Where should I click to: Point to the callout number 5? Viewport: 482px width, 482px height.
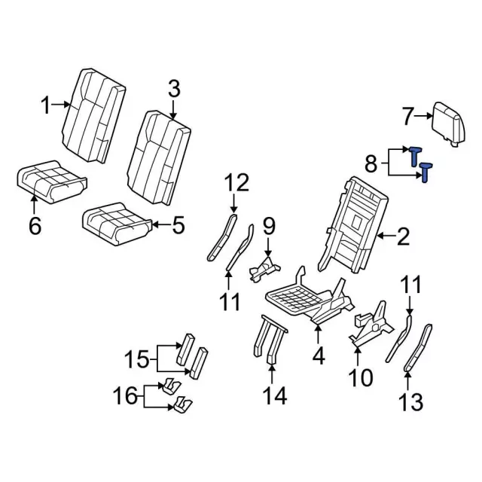pos(177,225)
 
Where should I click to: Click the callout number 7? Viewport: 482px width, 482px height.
pos(408,117)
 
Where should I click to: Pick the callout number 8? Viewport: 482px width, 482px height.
pos(371,163)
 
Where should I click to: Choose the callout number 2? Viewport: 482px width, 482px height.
pos(403,238)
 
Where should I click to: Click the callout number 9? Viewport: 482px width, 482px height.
pos(269,224)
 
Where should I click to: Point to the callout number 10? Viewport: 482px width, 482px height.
pos(361,376)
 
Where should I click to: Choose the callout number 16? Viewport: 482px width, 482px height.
pos(126,395)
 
